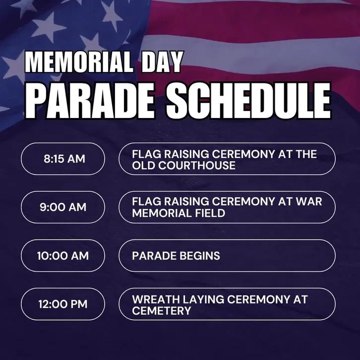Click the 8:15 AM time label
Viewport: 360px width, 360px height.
tap(64, 159)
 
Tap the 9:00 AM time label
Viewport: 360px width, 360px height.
tap(63, 207)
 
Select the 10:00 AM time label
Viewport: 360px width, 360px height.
tap(63, 256)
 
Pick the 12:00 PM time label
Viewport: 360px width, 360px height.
tap(63, 304)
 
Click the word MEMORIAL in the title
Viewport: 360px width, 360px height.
tap(79, 62)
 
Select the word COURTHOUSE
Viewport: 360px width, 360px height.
tap(197, 165)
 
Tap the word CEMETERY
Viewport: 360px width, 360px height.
tap(161, 311)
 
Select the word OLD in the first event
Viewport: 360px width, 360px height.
tap(143, 165)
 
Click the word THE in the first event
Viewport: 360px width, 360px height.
tap(306, 154)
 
